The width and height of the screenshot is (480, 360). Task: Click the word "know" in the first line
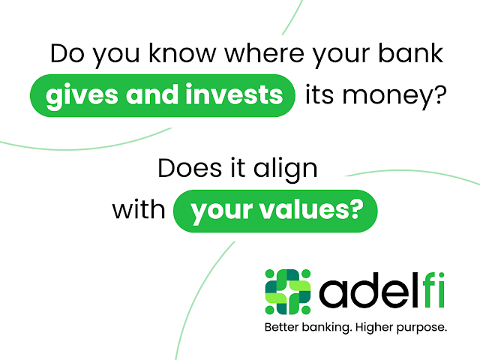point(182,54)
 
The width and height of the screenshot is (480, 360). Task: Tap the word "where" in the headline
point(265,54)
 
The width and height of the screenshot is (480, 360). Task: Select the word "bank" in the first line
point(411,53)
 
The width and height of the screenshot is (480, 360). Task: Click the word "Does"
point(190,168)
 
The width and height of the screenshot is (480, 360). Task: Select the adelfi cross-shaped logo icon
point(288,292)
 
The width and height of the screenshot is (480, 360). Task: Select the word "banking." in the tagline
point(327,328)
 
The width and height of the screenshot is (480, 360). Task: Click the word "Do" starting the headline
point(67,54)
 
